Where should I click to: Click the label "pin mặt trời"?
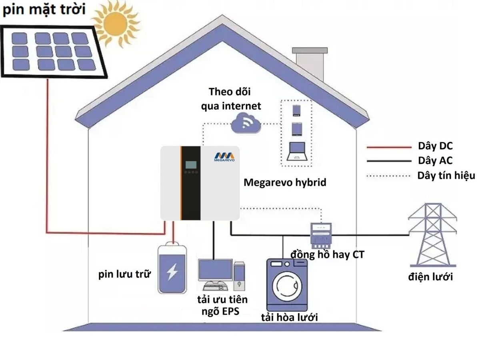click(44, 10)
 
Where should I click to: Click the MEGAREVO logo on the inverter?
click(224, 157)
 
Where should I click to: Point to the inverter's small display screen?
click(190, 164)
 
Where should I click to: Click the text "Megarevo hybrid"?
click(285, 182)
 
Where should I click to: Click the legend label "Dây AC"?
click(436, 161)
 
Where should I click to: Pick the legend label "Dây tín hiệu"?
click(446, 176)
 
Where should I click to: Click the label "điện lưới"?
click(430, 277)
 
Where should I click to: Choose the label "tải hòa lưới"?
click(289, 317)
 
